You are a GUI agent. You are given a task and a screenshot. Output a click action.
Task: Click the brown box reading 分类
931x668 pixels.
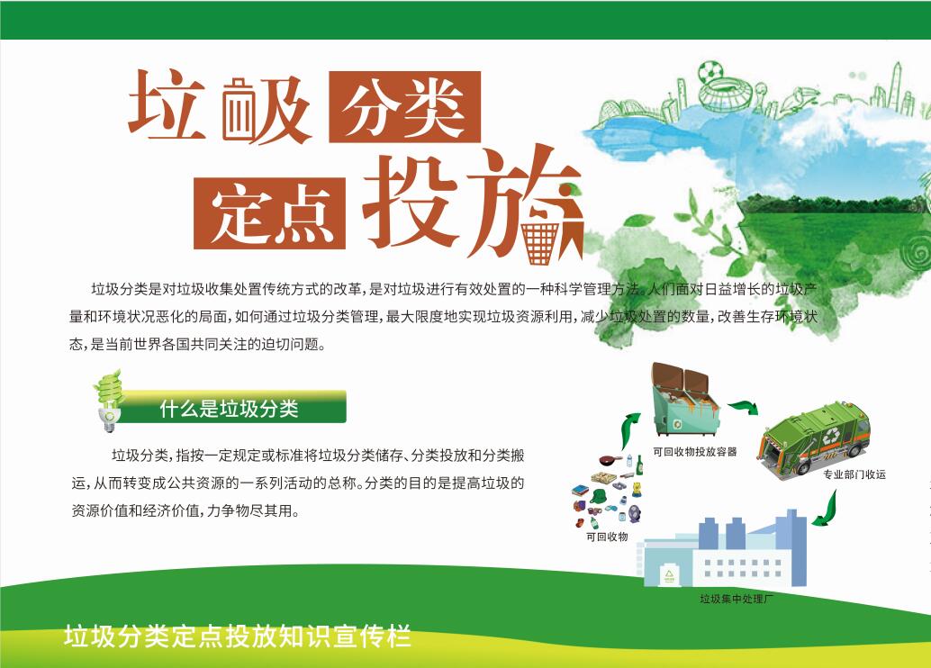tap(404, 107)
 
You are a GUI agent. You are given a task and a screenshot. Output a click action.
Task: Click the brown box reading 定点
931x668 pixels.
tap(269, 212)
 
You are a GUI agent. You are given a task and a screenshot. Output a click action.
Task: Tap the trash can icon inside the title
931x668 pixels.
tap(240, 111)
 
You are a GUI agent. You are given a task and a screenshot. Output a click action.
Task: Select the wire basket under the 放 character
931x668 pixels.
tap(540, 243)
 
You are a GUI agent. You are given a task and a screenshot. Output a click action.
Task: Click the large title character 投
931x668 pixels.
tap(411, 202)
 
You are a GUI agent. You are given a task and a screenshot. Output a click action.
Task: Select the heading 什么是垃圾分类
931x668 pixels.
tap(230, 409)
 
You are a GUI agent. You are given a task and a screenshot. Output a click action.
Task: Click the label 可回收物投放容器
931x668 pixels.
tap(695, 451)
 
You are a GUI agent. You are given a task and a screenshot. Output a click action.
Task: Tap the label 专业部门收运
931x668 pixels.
tap(854, 474)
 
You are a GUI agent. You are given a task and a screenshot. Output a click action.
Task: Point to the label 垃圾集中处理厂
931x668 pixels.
tap(737, 599)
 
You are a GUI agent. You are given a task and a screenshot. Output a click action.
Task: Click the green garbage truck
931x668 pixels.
tap(814, 437)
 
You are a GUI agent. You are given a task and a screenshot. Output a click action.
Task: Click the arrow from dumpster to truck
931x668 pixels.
tap(745, 407)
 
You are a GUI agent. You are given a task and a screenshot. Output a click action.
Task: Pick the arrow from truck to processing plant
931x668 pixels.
tap(827, 510)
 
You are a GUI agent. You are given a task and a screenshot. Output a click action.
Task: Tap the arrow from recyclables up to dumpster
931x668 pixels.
tap(629, 429)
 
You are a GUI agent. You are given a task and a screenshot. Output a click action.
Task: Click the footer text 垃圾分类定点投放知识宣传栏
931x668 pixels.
tap(238, 636)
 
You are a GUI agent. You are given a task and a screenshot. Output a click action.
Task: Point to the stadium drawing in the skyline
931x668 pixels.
tap(726, 95)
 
